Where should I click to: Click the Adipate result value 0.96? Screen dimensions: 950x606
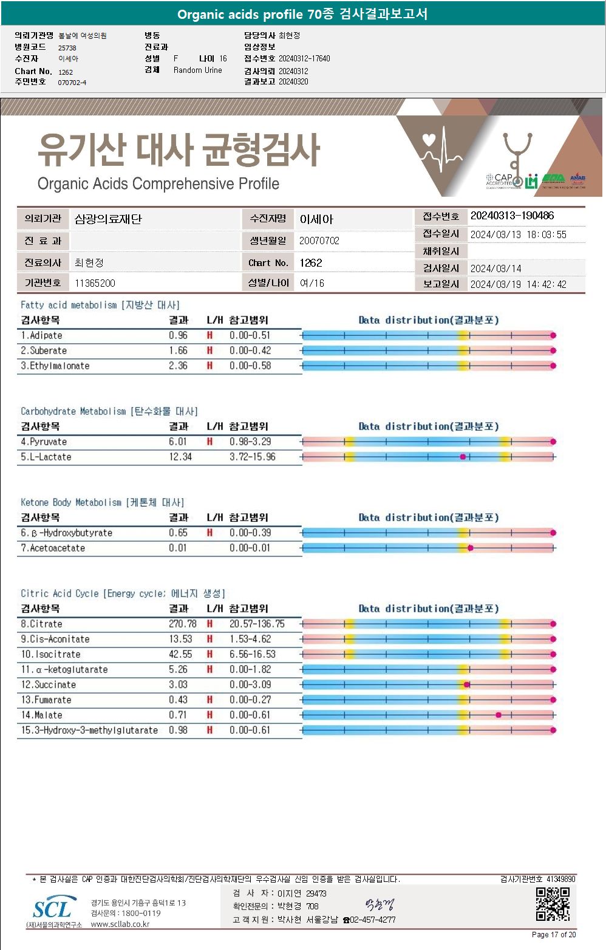178,335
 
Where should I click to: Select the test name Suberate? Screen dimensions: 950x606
44,350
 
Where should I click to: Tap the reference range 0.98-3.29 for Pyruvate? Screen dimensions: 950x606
250,442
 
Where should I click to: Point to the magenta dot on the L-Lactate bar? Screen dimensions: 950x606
463,457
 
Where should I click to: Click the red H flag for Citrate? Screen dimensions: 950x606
209,624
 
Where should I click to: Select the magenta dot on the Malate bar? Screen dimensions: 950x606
499,715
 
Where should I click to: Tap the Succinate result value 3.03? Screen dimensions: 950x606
178,685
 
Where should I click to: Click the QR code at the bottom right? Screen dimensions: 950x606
553,904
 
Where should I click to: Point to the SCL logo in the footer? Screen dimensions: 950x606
53,909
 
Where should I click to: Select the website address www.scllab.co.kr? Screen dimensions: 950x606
120,924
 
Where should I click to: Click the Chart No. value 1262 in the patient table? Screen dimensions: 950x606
311,263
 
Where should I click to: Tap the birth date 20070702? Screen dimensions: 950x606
319,241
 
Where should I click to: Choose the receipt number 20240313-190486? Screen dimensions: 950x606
512,216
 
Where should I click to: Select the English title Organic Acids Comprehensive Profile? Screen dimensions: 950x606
158,183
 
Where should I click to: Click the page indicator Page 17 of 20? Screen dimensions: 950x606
553,935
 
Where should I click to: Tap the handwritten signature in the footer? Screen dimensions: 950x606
380,906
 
